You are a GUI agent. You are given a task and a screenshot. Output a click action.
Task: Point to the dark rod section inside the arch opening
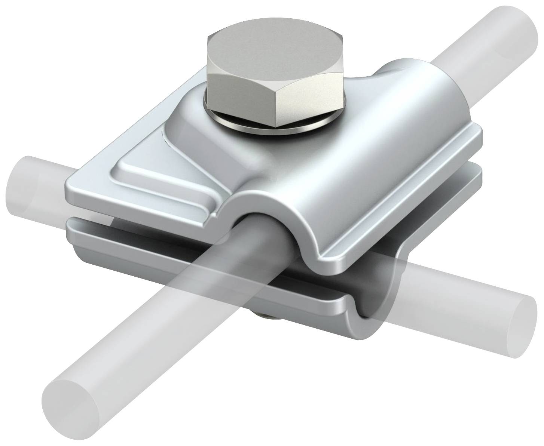258,239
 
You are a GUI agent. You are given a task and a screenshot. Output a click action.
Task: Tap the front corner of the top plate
329,258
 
